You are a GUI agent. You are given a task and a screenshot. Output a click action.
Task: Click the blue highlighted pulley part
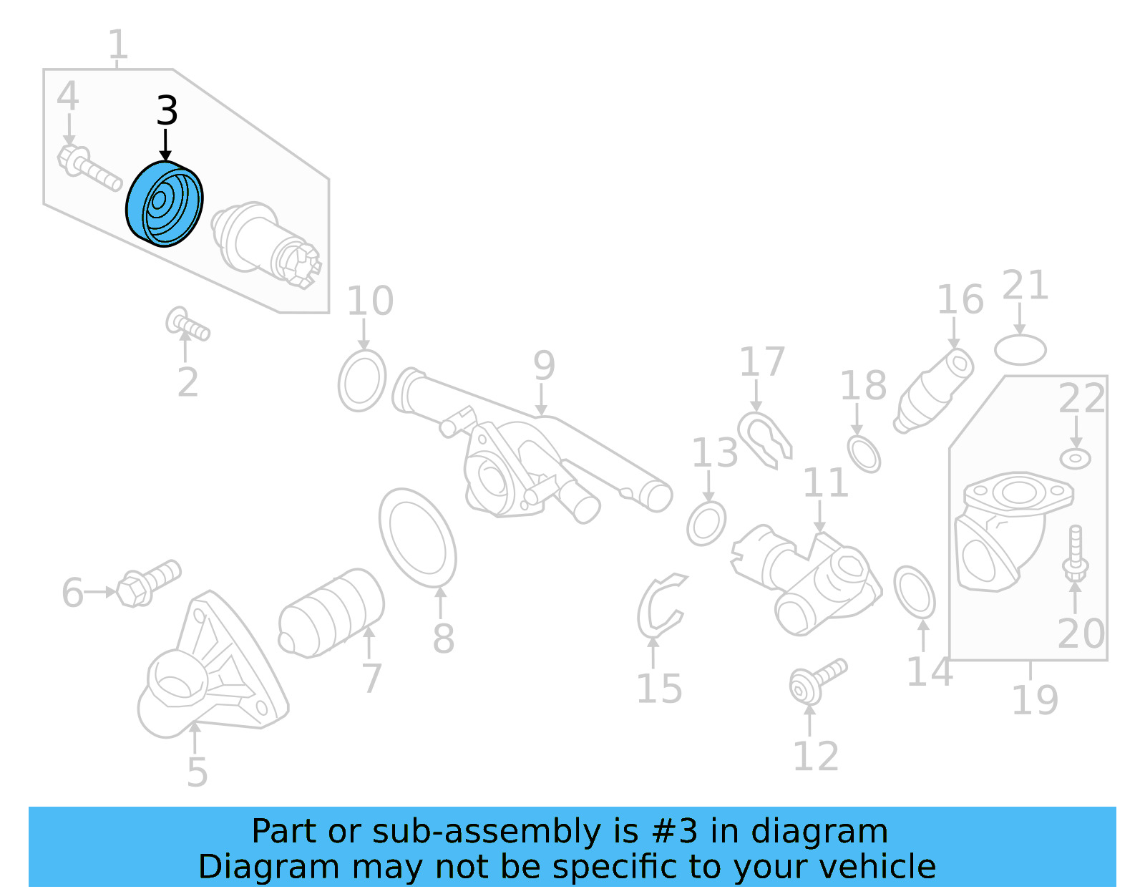click(x=165, y=204)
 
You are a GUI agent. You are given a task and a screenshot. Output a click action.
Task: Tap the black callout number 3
click(x=167, y=112)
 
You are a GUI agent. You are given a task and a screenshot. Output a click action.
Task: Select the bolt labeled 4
click(x=89, y=167)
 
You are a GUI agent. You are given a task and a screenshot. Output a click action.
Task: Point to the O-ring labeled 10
click(x=362, y=380)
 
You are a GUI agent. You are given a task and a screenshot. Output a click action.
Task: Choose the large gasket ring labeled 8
click(x=418, y=538)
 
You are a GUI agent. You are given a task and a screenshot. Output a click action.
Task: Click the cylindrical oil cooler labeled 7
click(x=331, y=613)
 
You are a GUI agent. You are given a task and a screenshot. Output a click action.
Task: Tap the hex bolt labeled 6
click(x=149, y=582)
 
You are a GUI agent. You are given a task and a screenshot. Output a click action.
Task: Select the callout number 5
click(x=197, y=772)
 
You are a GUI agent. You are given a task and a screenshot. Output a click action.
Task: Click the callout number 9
click(x=544, y=366)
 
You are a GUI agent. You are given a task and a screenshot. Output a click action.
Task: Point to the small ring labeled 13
click(x=706, y=523)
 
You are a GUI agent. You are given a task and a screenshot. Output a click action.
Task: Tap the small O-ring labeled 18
click(x=864, y=453)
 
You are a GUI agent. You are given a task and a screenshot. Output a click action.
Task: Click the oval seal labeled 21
click(x=1020, y=350)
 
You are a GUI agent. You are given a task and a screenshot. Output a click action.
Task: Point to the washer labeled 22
click(x=1075, y=458)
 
